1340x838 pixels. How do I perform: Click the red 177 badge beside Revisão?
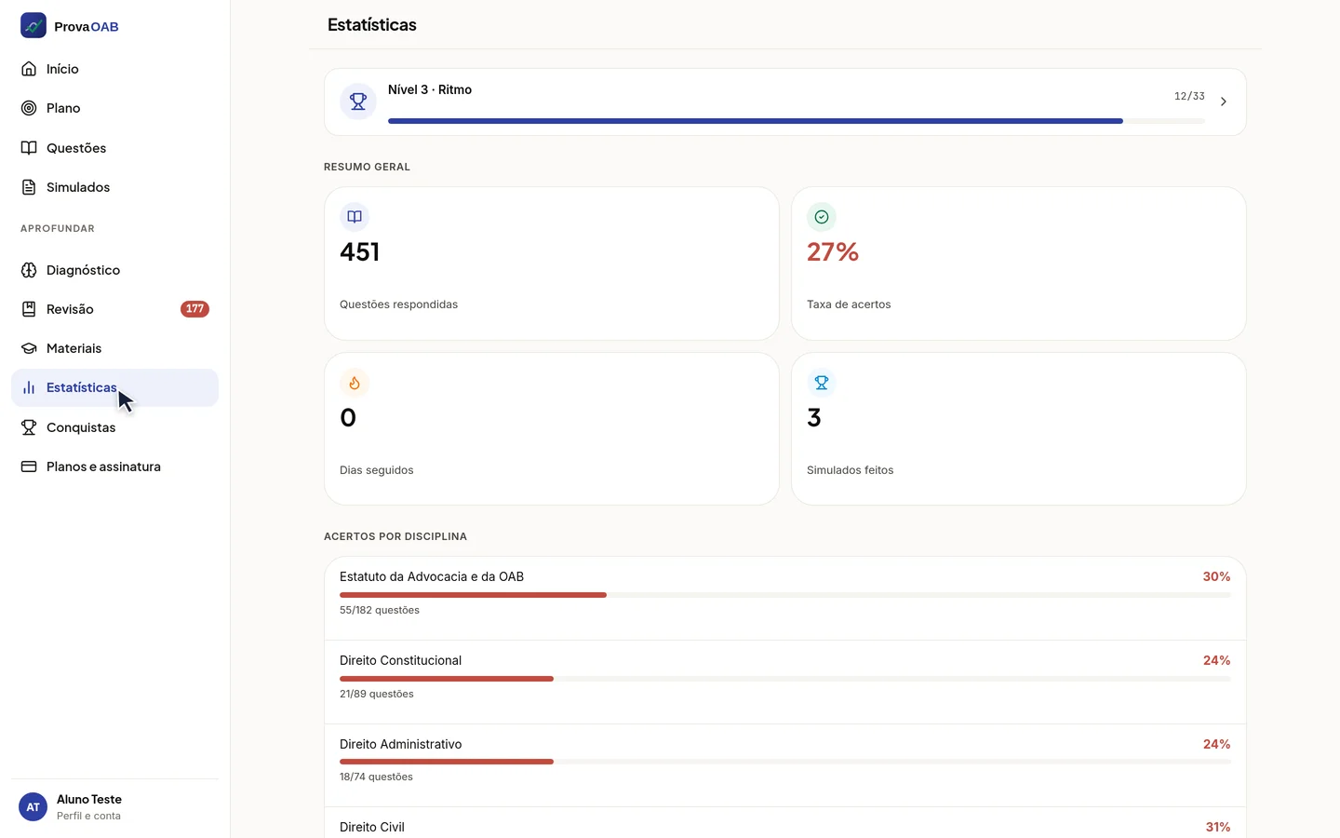pos(194,309)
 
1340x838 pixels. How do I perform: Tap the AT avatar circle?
pos(33,807)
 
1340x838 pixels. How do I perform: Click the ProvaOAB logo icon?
pos(33,26)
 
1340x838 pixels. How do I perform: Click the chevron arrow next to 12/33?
pos(1224,101)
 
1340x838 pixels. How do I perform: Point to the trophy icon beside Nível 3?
pos(357,101)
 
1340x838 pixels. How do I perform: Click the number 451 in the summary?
pos(359,252)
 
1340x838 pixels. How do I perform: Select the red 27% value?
pos(833,252)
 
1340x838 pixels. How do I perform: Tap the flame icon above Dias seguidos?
pos(355,383)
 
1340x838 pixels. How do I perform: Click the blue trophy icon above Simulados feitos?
pos(822,383)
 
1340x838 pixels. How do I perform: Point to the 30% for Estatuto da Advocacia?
pos(1216,576)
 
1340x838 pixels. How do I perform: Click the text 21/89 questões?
pos(376,694)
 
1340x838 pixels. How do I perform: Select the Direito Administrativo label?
pos(401,744)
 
